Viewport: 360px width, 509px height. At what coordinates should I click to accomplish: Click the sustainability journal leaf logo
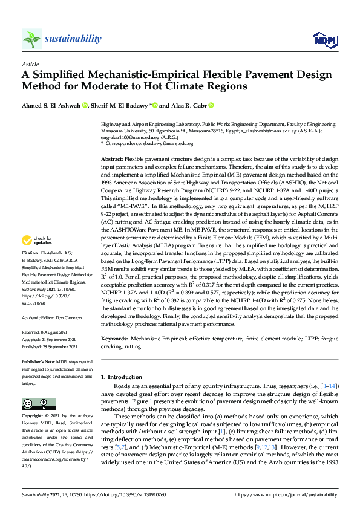(31, 39)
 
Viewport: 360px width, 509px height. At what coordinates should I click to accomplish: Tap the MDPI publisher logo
(324, 40)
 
